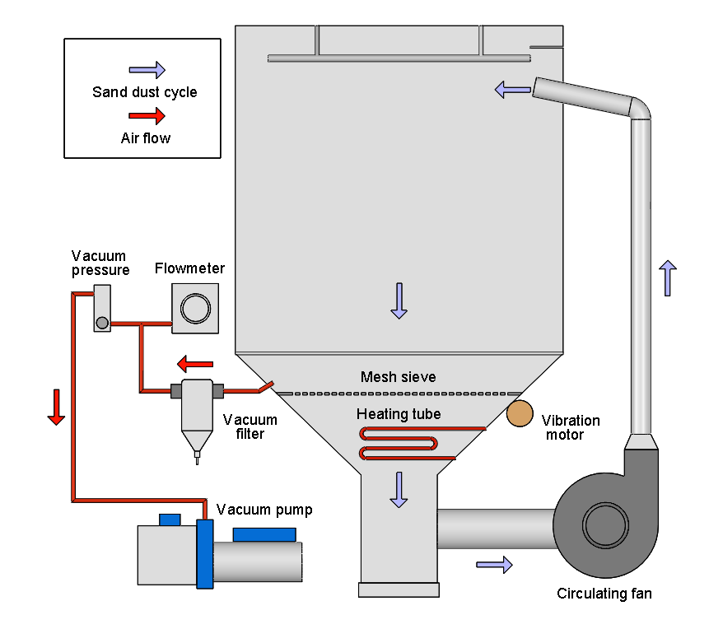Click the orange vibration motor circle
coord(520,413)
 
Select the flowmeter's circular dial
coord(195,309)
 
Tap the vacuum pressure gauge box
coord(102,308)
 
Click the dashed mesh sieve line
coord(399,394)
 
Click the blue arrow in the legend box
coord(147,70)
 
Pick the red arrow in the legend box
coord(147,117)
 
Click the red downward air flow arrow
coord(56,408)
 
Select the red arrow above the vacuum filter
coord(195,363)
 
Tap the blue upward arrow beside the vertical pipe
coord(667,277)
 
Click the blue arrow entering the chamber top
coord(512,89)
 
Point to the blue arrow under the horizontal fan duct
coord(494,564)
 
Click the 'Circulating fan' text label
coord(604,593)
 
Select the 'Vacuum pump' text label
coord(264,510)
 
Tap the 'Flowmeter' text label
coord(189,268)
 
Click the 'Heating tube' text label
coord(399,414)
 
